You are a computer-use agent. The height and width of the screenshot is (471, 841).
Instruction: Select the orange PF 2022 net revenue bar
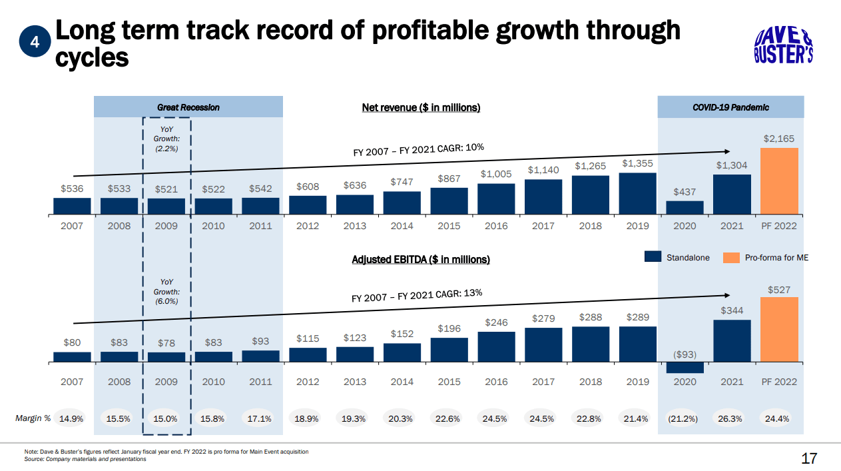point(778,181)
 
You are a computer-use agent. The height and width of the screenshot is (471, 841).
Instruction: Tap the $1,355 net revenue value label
point(637,163)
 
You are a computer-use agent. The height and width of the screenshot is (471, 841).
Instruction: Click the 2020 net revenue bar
point(685,208)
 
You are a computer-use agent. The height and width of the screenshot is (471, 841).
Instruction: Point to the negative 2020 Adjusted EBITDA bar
point(685,368)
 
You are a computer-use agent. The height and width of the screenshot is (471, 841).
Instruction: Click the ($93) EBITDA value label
point(685,354)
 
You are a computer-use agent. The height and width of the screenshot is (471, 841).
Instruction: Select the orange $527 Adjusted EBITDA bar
point(778,330)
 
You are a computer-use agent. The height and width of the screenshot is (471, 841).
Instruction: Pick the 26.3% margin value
point(732,419)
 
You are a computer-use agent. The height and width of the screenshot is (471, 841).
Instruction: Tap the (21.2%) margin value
point(685,419)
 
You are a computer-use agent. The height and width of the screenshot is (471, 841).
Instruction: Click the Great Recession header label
point(188,107)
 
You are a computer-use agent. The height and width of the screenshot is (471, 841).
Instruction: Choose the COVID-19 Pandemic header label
point(730,107)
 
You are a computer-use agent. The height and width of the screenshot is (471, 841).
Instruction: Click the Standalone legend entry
point(679,258)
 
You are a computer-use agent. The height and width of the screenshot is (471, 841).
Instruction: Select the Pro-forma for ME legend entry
point(766,258)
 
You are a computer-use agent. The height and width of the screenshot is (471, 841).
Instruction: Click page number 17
point(808,458)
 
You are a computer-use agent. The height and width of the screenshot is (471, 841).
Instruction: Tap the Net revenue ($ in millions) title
point(421,107)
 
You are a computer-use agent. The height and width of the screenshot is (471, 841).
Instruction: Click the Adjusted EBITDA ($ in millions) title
point(421,259)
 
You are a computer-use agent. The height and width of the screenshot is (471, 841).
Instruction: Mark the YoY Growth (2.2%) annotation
point(166,139)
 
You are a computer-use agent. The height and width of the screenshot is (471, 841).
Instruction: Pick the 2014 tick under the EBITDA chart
point(402,382)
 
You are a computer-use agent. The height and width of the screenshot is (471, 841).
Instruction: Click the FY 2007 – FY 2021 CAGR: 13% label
point(417,294)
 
